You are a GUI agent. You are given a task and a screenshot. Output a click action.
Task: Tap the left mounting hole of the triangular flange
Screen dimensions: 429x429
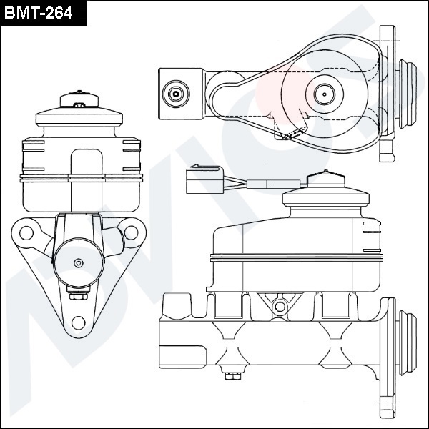(26, 232)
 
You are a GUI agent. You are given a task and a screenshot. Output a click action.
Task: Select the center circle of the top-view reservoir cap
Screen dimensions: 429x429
(323, 92)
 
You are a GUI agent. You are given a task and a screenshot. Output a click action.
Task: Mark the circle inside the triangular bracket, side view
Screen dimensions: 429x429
(280, 306)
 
